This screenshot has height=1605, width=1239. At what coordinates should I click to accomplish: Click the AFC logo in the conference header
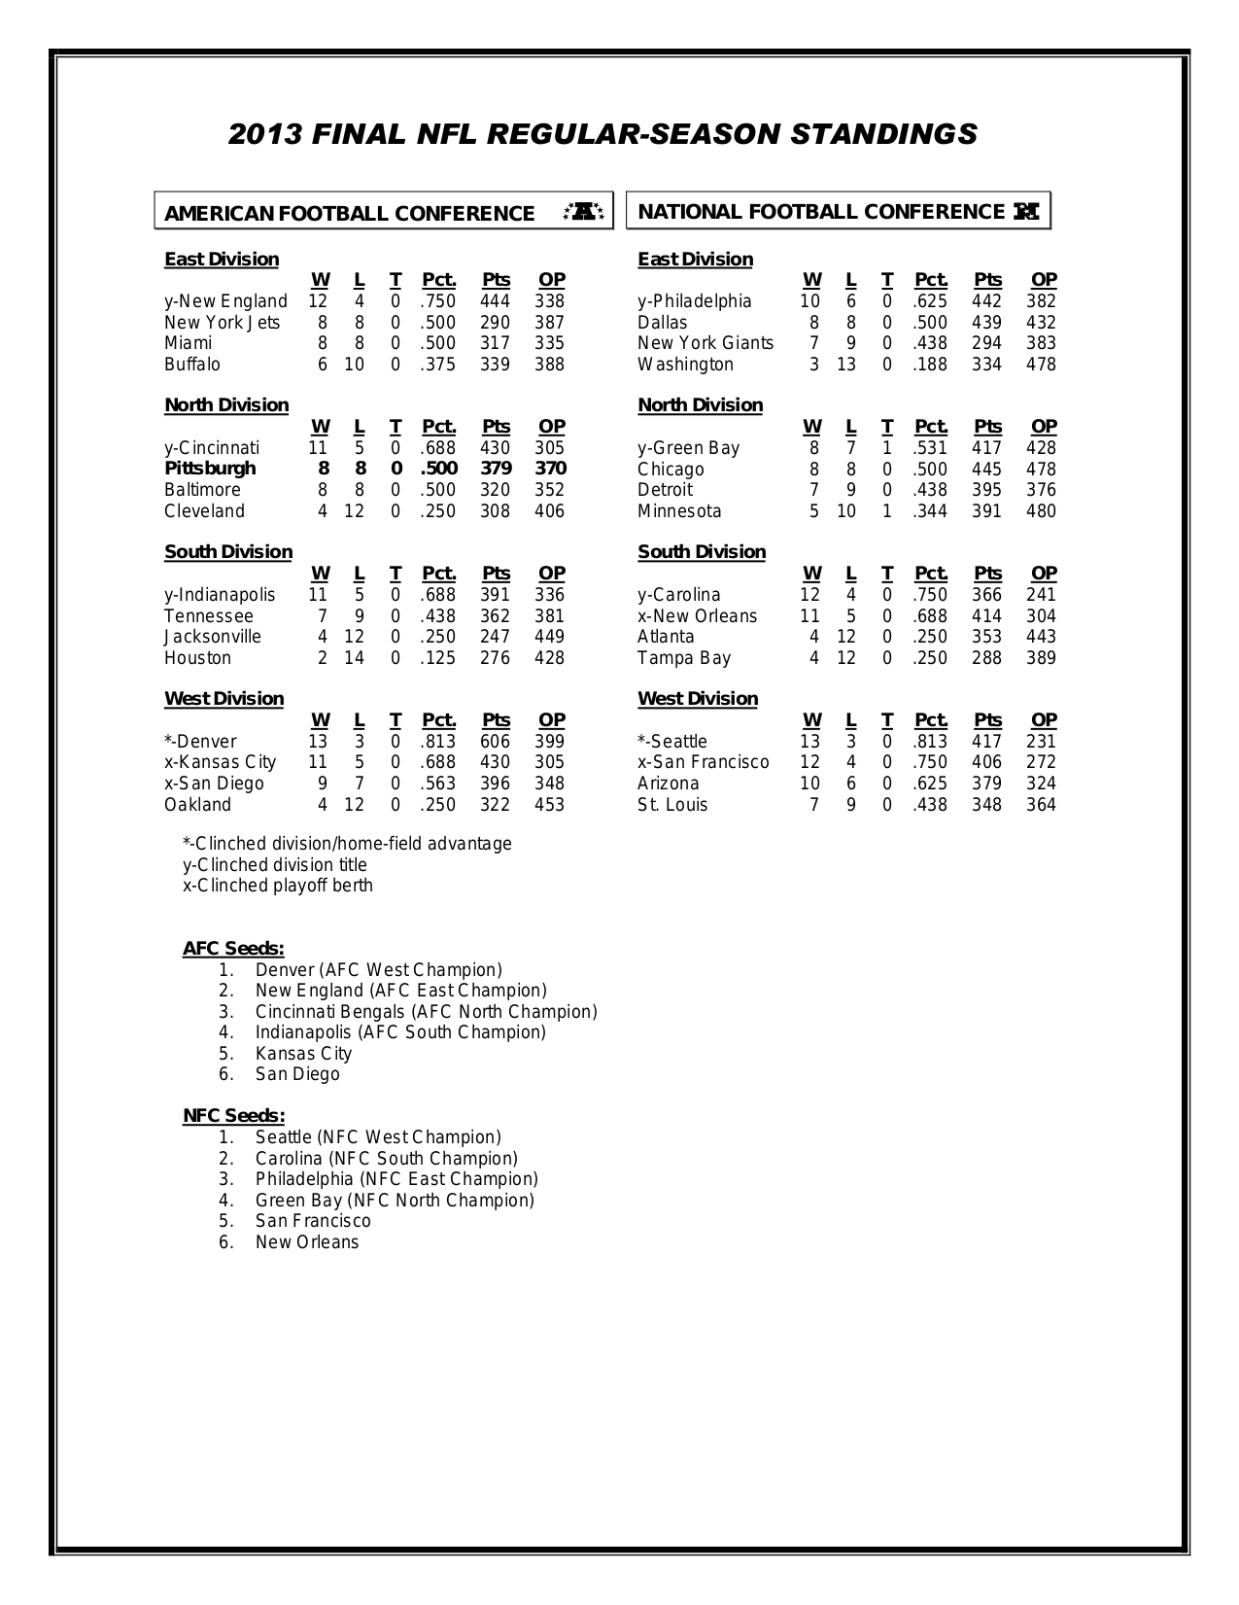coord(584,211)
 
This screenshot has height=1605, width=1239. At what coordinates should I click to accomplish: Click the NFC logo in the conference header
coord(1026,211)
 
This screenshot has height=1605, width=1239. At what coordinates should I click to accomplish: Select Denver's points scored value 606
coord(495,741)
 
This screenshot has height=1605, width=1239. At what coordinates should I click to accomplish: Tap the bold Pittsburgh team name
coord(210,469)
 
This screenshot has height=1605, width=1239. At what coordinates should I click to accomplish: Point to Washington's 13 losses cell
coord(846,365)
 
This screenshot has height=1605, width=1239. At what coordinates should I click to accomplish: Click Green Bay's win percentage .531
coord(930,448)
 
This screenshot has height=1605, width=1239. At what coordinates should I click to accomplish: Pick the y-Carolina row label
coord(679,595)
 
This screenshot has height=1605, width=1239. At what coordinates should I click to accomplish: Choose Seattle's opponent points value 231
coord(1041,742)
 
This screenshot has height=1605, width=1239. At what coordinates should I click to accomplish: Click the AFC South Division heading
coord(228,552)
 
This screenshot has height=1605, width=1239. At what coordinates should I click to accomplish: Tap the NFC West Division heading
coord(698,699)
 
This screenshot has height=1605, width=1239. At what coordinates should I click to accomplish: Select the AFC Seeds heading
coord(233,949)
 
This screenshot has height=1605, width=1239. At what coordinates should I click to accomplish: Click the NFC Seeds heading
coord(233,1116)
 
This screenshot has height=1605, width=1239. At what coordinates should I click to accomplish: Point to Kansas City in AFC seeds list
coord(303,1054)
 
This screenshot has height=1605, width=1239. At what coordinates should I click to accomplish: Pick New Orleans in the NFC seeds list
coord(307,1242)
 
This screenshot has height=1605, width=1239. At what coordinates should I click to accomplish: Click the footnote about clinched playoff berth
coord(278,886)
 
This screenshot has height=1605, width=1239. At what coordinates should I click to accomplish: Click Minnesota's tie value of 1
coord(886,511)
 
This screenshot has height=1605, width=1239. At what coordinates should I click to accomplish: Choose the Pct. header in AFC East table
coord(439,280)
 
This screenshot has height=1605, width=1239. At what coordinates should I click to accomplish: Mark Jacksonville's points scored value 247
coord(495,637)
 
